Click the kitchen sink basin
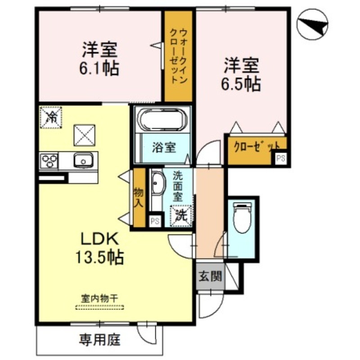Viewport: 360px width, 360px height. [x=83, y=159]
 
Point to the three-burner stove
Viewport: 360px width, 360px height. [x=49, y=160]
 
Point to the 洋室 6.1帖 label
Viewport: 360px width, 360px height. [x=100, y=58]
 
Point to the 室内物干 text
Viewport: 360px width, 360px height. [x=99, y=298]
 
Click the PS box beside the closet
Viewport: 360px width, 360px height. [x=280, y=158]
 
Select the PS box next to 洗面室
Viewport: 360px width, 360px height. [x=155, y=221]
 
